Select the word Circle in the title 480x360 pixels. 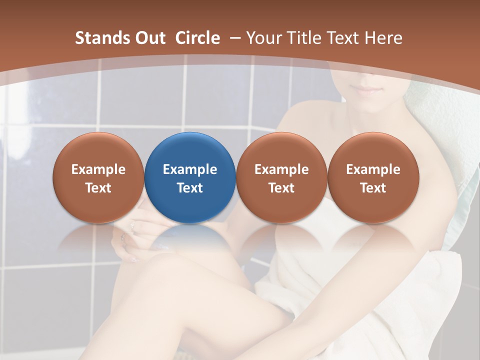(x=197, y=38)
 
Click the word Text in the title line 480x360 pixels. (x=344, y=38)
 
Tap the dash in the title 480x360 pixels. (x=234, y=38)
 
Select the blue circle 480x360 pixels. (x=190, y=178)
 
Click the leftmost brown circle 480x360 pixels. (x=98, y=178)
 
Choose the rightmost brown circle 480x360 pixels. (x=373, y=178)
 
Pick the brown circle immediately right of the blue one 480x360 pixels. (x=281, y=178)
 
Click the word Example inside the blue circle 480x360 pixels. (x=190, y=169)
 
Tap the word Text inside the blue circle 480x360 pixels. (x=190, y=188)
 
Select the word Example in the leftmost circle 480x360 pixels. (x=98, y=169)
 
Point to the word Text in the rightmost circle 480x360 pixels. (x=373, y=188)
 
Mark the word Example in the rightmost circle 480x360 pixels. (x=373, y=169)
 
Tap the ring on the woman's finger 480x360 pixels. (x=132, y=225)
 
